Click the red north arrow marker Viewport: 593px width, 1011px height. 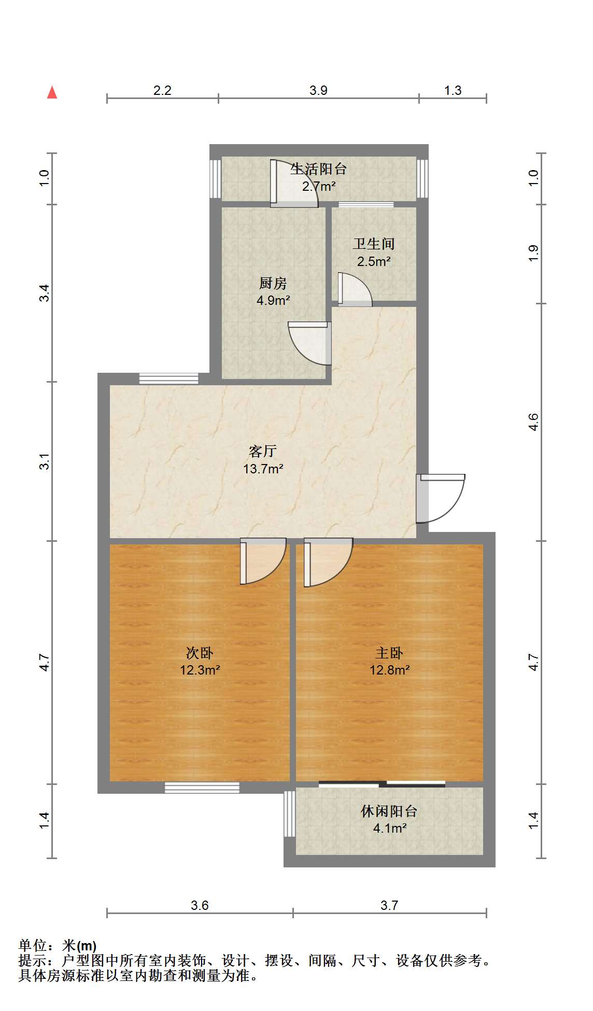[x=52, y=92]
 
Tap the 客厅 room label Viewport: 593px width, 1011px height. [x=263, y=451]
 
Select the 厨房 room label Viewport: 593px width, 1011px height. [x=273, y=283]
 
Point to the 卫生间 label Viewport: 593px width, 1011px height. [x=374, y=244]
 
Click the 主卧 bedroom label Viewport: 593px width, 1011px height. [x=389, y=653]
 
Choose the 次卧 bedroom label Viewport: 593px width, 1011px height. [x=200, y=653]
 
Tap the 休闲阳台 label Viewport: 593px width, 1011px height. [x=389, y=811]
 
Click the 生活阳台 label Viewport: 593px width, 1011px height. [x=318, y=169]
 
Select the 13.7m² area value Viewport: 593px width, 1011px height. [x=263, y=469]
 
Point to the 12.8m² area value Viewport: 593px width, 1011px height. [x=389, y=670]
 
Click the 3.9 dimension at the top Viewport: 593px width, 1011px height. [x=318, y=90]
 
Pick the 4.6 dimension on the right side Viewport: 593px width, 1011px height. [x=533, y=422]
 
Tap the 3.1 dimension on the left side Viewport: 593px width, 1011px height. [x=46, y=461]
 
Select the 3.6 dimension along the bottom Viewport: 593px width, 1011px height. [x=200, y=905]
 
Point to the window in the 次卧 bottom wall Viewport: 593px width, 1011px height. [x=202, y=788]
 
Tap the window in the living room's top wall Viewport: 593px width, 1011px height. [x=169, y=378]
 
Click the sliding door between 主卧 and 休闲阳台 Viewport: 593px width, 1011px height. [x=382, y=783]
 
